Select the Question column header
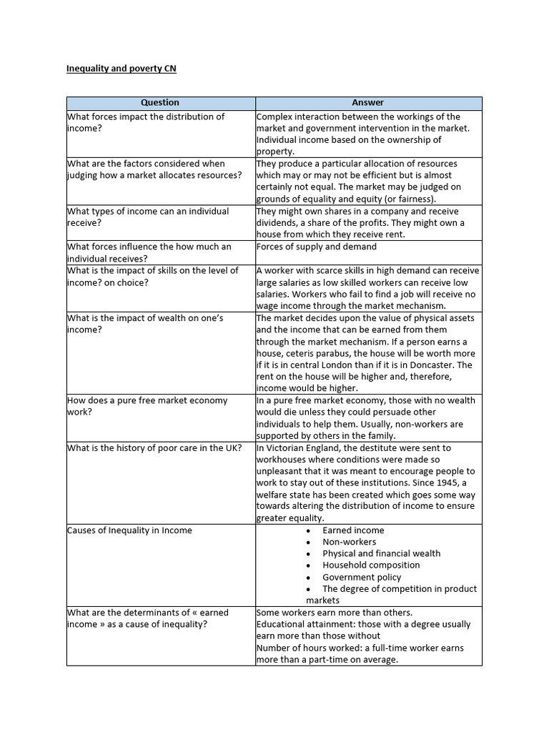[x=160, y=103]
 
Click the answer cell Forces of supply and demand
[x=316, y=247]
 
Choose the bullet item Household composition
[x=371, y=565]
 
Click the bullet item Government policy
[x=362, y=577]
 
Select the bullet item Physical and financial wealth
[x=381, y=553]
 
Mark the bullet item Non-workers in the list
[x=349, y=542]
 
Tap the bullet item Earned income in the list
[x=353, y=530]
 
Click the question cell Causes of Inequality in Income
[x=129, y=530]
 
